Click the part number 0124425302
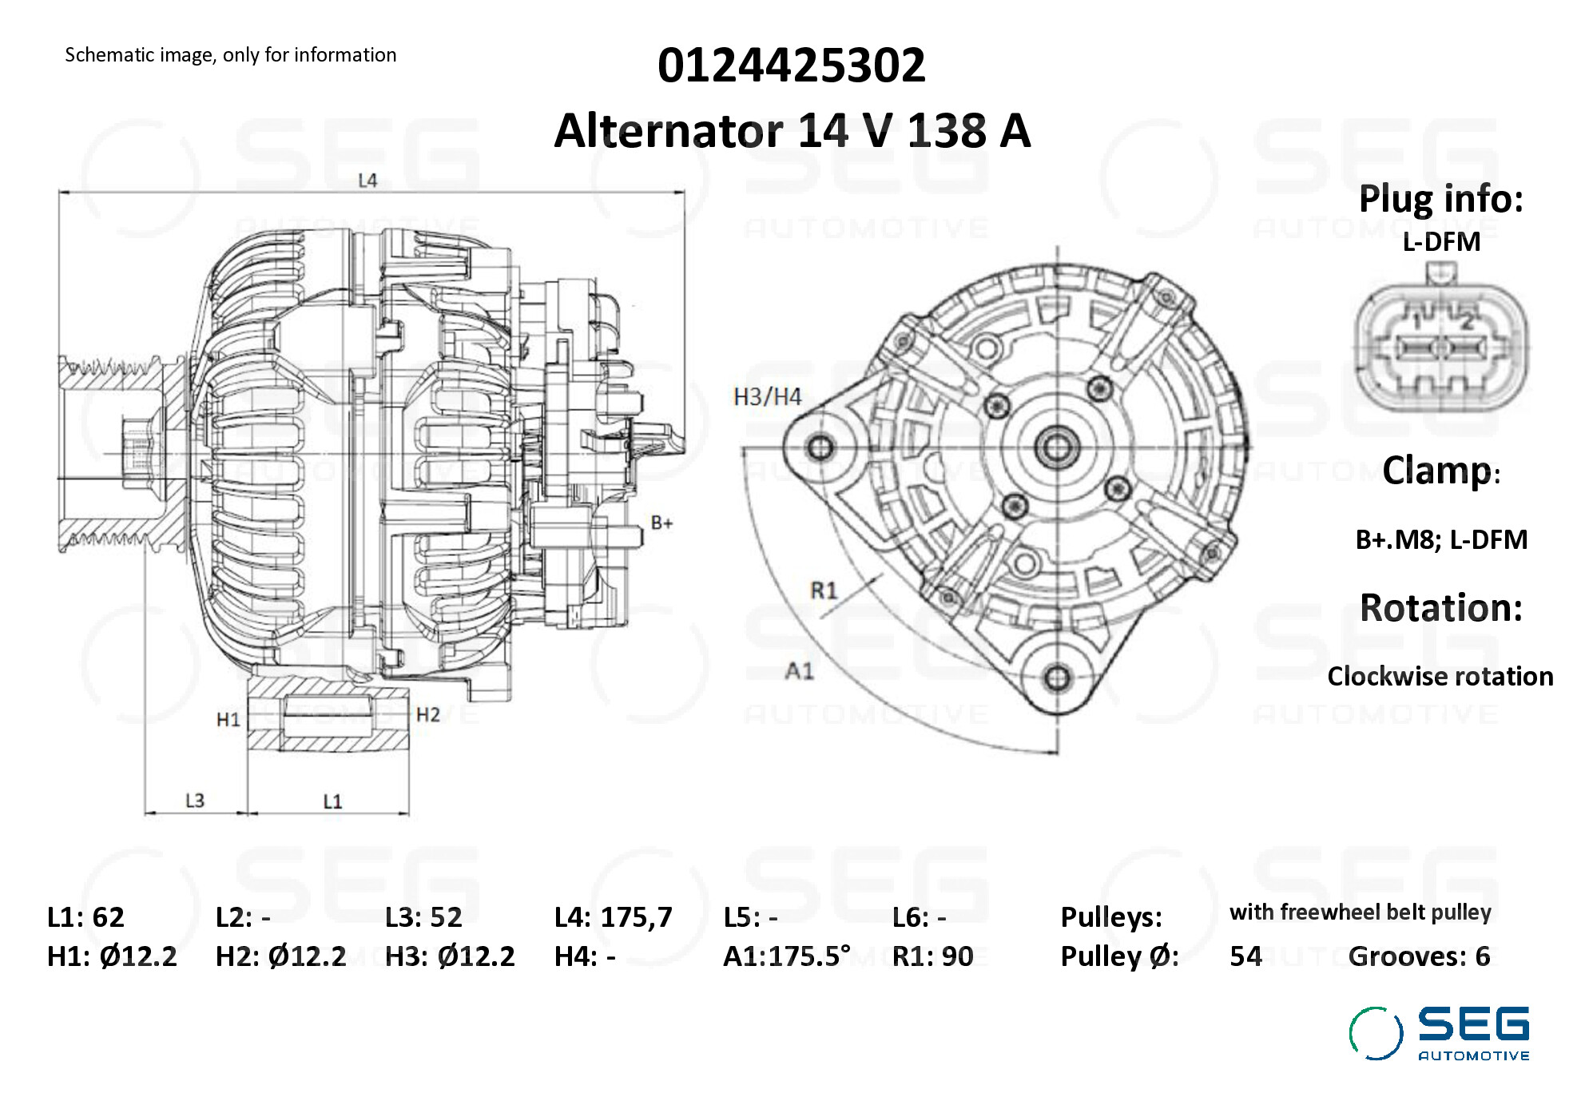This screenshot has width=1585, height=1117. click(791, 65)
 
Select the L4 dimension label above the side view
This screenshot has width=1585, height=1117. click(367, 181)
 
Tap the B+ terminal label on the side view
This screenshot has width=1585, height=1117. click(661, 523)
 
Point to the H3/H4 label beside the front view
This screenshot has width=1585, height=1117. click(767, 396)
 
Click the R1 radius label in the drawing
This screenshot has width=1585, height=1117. click(824, 590)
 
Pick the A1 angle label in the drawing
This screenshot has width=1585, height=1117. click(800, 670)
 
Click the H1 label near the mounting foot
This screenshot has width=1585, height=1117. click(228, 720)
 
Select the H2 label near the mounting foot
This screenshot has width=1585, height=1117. click(428, 714)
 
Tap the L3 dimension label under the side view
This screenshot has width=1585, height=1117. click(195, 801)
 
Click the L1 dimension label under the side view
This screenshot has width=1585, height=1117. click(332, 801)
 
